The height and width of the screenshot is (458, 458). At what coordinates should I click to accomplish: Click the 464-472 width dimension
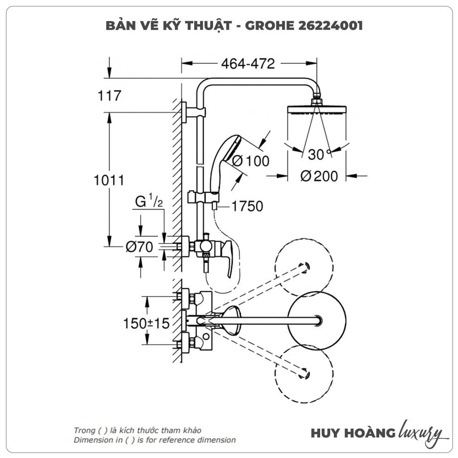pos(248,64)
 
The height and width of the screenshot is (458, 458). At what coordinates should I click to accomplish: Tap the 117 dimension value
pos(109,96)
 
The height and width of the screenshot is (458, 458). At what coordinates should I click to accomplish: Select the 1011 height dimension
pos(109,180)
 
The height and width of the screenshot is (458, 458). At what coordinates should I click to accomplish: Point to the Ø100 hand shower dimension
pos(251,161)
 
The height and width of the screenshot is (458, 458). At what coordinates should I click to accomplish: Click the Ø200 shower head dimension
pos(319,175)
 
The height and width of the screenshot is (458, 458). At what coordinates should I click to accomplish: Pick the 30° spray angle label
pos(319,155)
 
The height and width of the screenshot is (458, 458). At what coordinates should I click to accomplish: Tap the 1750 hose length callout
pos(247,207)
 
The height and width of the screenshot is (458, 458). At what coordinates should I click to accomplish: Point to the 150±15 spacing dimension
pos(146,323)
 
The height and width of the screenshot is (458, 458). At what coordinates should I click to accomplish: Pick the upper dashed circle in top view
pos(304,267)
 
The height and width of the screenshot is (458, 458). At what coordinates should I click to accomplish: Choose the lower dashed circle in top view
pos(304,373)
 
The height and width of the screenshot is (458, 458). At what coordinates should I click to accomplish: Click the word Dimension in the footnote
pos(92,440)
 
